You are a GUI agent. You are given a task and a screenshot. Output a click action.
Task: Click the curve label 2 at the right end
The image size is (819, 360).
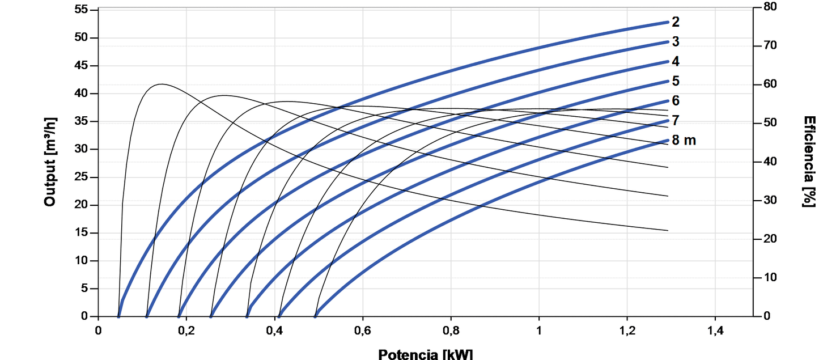tap(676, 22)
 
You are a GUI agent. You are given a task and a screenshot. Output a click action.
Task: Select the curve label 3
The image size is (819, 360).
tap(676, 42)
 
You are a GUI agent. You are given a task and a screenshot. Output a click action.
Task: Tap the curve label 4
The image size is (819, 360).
tap(676, 61)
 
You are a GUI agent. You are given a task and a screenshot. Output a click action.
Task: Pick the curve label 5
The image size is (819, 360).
tap(676, 81)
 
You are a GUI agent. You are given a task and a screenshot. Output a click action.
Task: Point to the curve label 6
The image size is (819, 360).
tap(676, 101)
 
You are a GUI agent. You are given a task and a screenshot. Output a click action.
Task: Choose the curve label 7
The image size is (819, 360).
tap(676, 120)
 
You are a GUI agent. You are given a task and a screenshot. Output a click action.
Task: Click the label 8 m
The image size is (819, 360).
tap(684, 140)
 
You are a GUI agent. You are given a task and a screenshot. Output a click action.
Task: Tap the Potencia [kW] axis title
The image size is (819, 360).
tap(425, 354)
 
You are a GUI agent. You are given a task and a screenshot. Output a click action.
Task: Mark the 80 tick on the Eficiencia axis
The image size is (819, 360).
tap(769, 7)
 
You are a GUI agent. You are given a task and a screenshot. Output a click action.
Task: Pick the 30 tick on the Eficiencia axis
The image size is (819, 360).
tap(769, 200)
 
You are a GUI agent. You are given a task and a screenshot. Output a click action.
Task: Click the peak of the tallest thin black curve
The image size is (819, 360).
tap(162, 84)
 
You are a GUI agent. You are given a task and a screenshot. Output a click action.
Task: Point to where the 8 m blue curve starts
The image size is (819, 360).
tap(316, 315)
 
